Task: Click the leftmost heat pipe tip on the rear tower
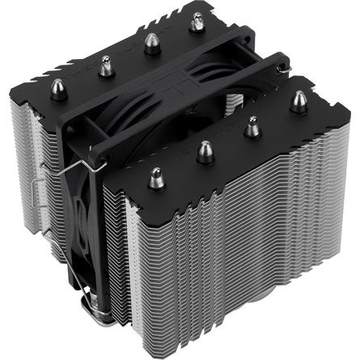pos(58,86)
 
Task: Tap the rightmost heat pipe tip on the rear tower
pos(196,22)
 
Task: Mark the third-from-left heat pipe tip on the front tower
pos(253,125)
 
